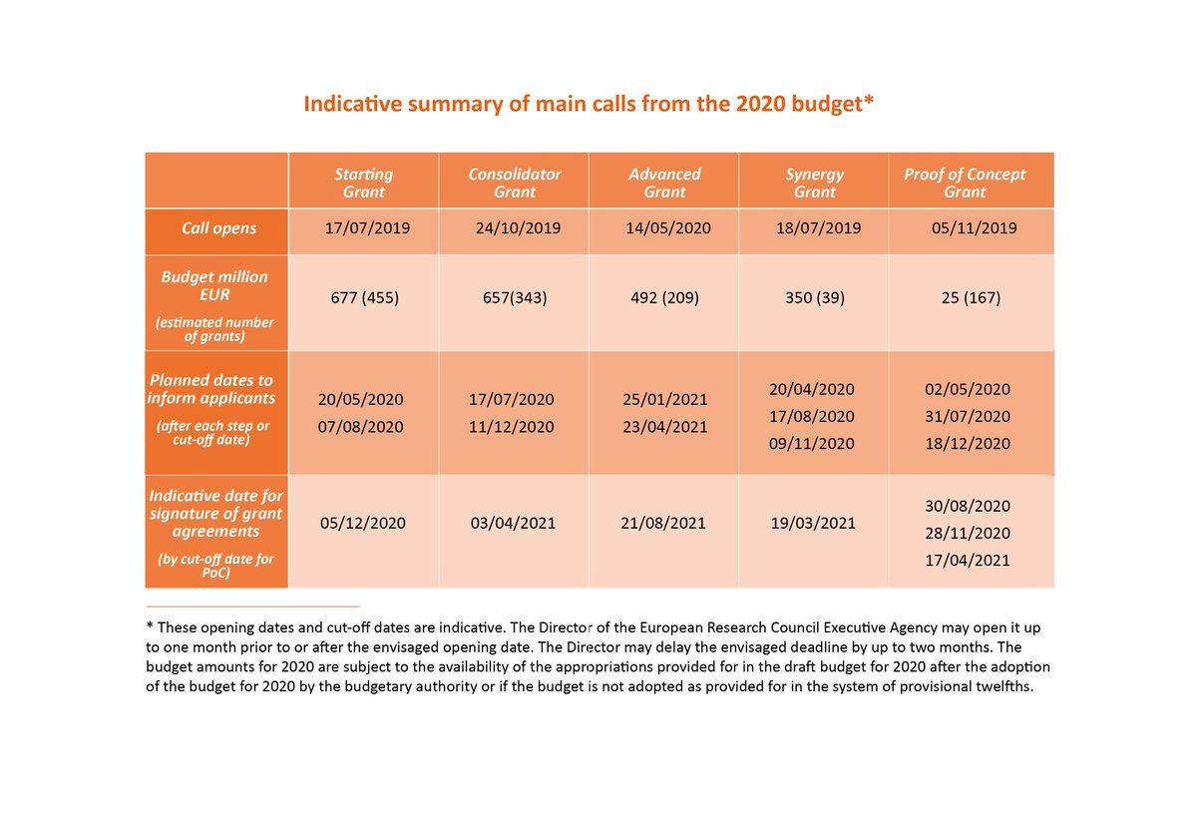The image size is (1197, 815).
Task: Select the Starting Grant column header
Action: click(x=363, y=183)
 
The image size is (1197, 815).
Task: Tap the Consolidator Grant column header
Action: click(x=515, y=183)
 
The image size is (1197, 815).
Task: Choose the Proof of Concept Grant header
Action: click(x=965, y=183)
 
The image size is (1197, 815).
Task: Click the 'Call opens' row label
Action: click(x=218, y=228)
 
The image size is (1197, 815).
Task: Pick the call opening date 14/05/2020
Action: click(x=668, y=228)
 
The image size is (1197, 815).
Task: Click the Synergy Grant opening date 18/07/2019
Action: click(x=818, y=228)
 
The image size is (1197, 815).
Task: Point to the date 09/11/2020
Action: click(x=813, y=443)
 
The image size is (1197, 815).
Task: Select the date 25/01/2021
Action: click(x=665, y=400)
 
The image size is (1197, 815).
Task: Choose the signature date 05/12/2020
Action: click(x=363, y=523)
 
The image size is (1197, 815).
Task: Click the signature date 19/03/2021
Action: click(x=813, y=523)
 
